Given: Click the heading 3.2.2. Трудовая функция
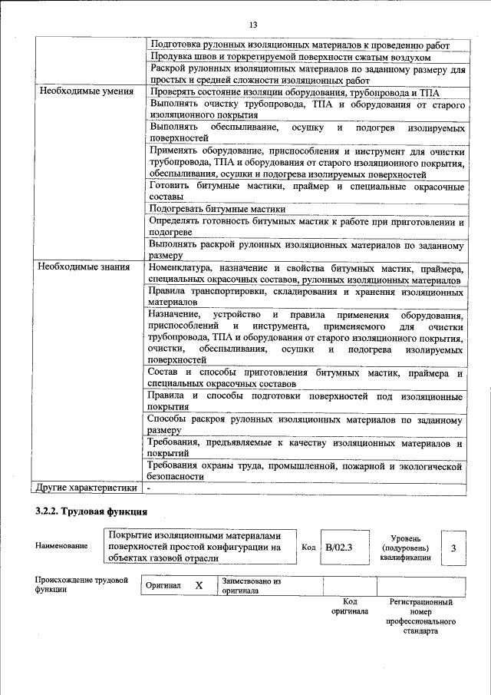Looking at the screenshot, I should [90, 511].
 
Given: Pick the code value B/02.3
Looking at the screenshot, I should [338, 548].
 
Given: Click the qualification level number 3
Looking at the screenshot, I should [453, 548].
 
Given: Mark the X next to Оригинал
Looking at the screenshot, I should [199, 585].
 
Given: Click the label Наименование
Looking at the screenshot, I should [61, 546].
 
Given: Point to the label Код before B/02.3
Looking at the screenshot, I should [308, 548].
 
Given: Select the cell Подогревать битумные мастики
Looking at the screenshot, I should [218, 209].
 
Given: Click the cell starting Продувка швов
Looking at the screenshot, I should [290, 58].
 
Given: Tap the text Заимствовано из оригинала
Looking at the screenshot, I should [251, 586].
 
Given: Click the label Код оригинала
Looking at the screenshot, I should [350, 607].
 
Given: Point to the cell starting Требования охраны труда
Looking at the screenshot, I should [305, 471].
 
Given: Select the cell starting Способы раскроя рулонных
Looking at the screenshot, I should [305, 426].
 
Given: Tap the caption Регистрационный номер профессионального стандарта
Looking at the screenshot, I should [420, 617].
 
